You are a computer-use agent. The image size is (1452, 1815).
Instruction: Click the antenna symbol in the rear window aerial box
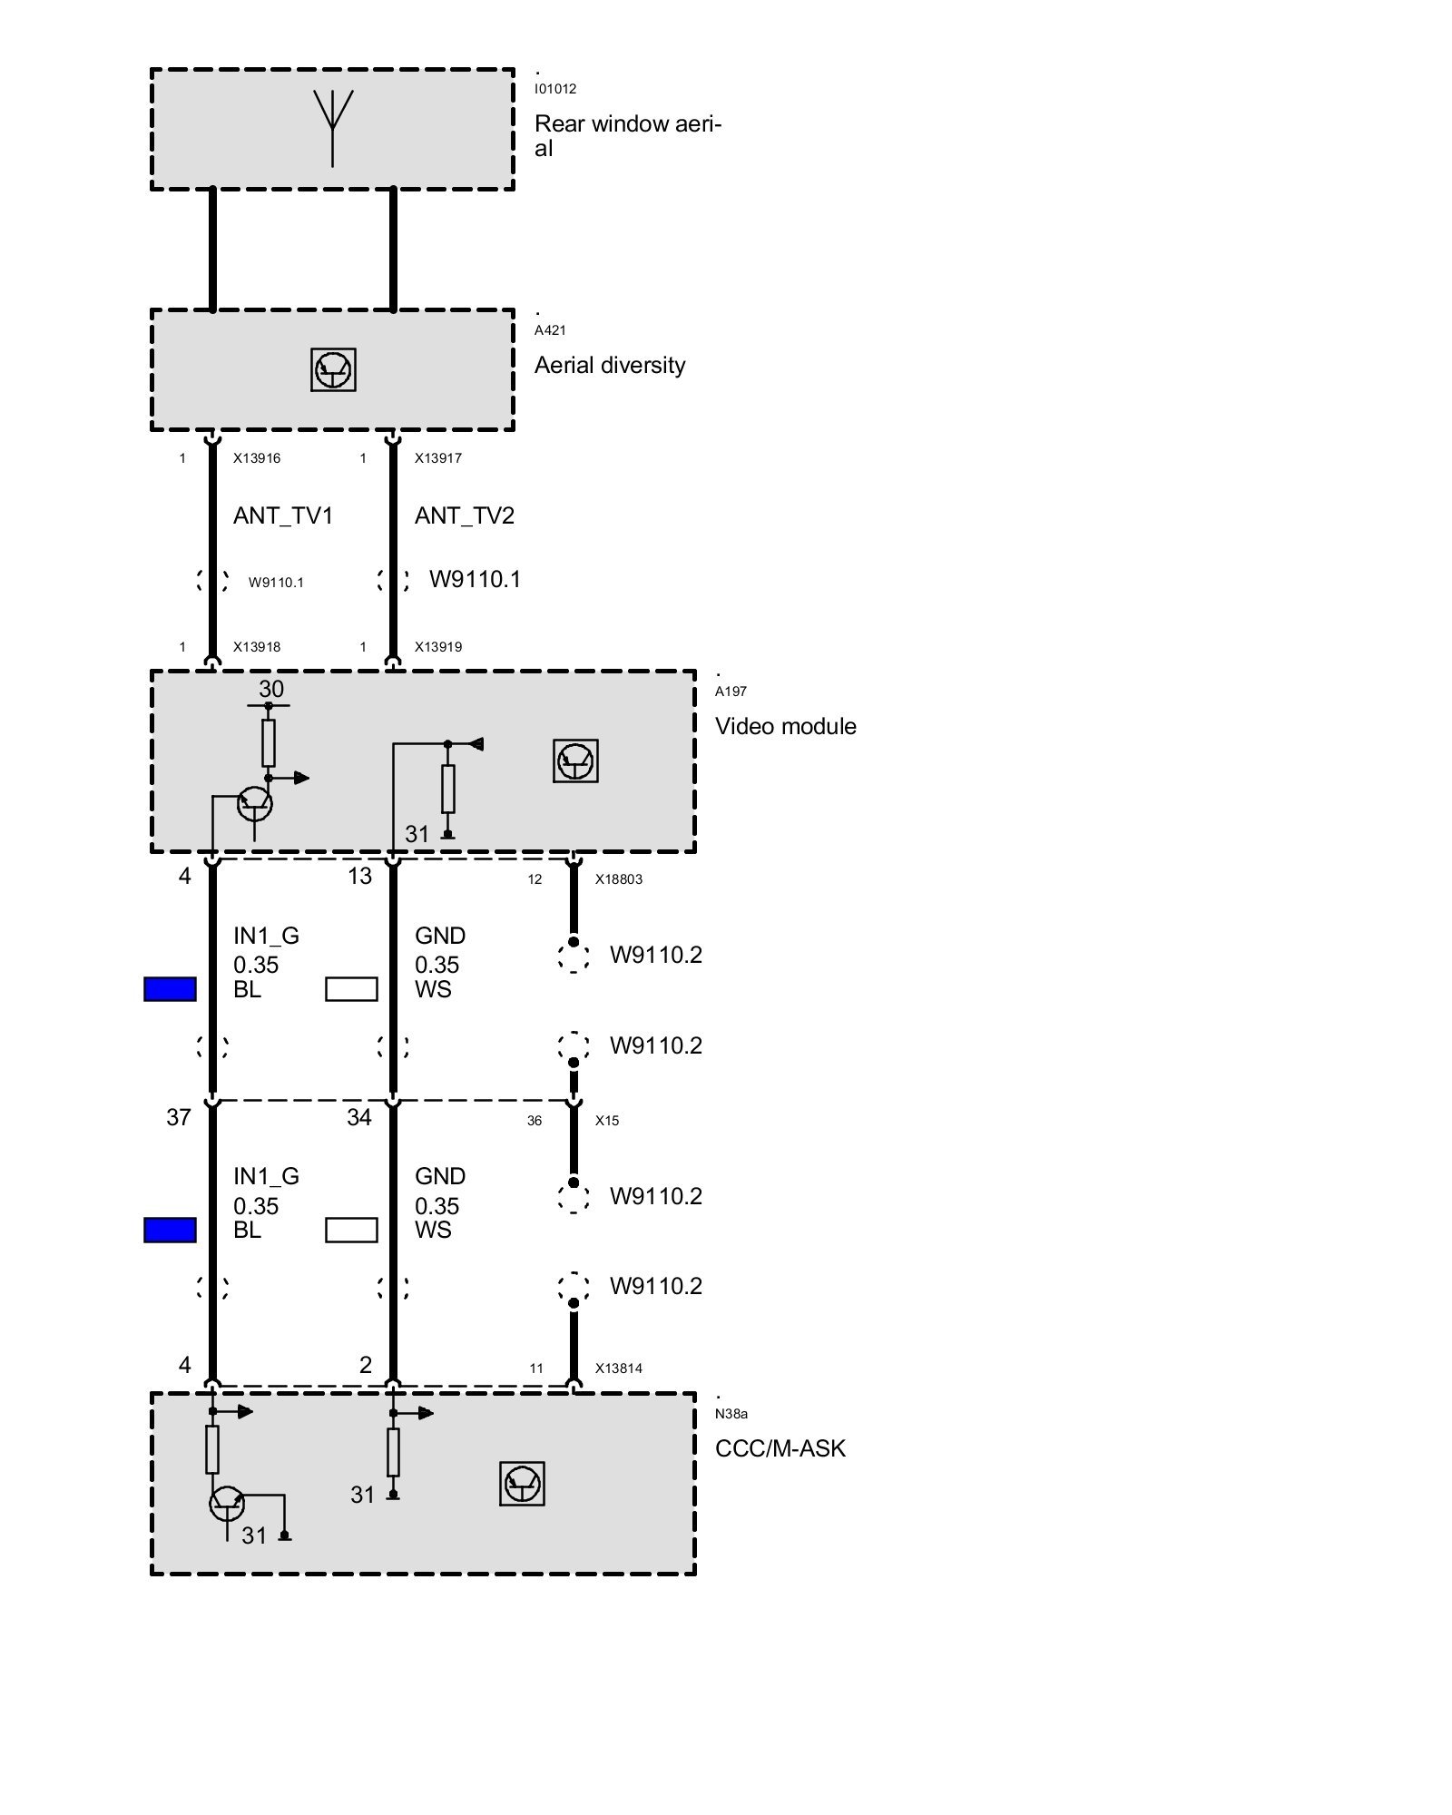click(x=332, y=127)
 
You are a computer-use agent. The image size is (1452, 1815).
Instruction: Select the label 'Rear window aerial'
click(x=627, y=135)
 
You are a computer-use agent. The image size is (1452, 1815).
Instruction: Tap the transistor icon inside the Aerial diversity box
click(x=333, y=369)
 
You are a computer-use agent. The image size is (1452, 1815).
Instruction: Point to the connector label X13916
click(x=257, y=458)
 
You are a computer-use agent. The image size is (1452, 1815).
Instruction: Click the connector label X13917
click(x=438, y=458)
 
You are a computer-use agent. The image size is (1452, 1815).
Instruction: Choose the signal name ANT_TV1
click(x=283, y=515)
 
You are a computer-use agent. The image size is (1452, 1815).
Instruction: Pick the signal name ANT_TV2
click(x=465, y=515)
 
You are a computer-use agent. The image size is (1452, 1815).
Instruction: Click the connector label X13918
click(x=257, y=647)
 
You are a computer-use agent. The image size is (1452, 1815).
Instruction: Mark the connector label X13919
click(x=438, y=647)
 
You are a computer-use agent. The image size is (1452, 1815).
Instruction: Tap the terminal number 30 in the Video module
click(x=271, y=689)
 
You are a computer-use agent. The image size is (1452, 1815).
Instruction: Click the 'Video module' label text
click(x=786, y=726)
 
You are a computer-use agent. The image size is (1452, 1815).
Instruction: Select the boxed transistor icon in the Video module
click(x=575, y=760)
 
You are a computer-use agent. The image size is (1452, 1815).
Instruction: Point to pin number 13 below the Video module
click(x=360, y=876)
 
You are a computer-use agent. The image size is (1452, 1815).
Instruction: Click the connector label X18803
click(x=619, y=879)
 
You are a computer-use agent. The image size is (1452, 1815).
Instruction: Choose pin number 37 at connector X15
click(x=179, y=1117)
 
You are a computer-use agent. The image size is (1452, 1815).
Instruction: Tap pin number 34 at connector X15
click(x=359, y=1117)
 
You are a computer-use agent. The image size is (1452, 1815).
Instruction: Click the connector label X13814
click(x=619, y=1369)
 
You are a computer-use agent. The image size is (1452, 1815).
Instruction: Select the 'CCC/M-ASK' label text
click(x=780, y=1448)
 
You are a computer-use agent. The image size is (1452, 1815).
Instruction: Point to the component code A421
click(x=550, y=330)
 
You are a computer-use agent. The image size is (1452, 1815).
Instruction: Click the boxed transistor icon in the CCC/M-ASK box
click(x=522, y=1484)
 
